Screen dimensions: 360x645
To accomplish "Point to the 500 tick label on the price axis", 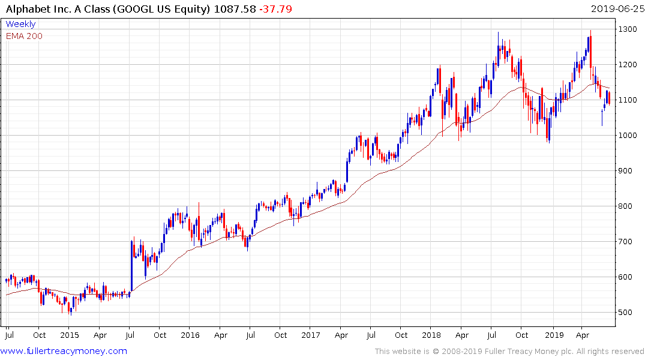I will click(626, 312).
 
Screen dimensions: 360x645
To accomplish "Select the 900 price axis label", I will click(626, 170).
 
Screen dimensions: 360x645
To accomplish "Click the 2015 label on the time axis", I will click(69, 335).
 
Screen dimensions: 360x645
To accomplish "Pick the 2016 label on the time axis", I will click(190, 335).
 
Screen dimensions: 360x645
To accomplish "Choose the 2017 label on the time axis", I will click(310, 335).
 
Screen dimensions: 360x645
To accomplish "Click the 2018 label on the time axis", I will click(431, 335).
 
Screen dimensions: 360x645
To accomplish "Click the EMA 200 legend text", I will click(24, 36).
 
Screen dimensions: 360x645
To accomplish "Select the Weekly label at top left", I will click(20, 24).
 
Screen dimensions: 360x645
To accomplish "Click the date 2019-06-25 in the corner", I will click(616, 8).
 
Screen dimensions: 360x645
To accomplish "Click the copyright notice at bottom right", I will click(509, 351).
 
